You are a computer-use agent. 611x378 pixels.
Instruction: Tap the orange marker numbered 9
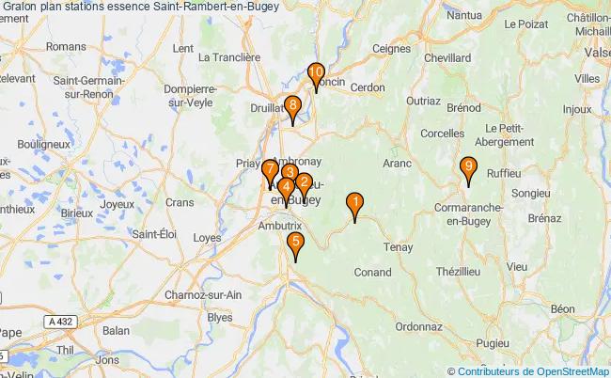[x=468, y=168]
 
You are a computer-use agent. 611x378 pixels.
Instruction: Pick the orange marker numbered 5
[x=296, y=244]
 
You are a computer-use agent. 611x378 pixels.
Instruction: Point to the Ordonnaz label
[x=418, y=327]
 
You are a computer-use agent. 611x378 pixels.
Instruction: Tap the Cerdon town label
[x=369, y=87]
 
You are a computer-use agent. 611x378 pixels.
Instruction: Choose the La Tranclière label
[x=229, y=57]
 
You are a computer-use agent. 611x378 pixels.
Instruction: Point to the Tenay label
[x=399, y=248]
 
